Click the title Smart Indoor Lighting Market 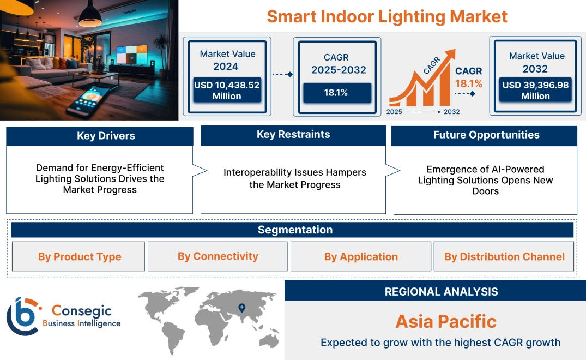coord(386,16)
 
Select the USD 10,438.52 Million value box coord(226,91)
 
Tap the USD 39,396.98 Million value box coord(535,91)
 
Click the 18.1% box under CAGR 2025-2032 coord(337,92)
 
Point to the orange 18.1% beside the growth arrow coord(469,83)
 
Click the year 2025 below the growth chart coord(395,112)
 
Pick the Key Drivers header coord(106,136)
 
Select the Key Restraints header coord(293,135)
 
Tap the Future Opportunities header coord(486,135)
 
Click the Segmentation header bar coord(295,230)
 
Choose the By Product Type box coord(80,257)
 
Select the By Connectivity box coord(218,256)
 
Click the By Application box coord(361,257)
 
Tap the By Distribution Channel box coord(504,257)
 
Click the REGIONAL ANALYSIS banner coord(441,292)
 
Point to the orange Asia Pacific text coord(446,321)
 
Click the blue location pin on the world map coord(241,309)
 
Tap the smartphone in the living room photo coord(88,101)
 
